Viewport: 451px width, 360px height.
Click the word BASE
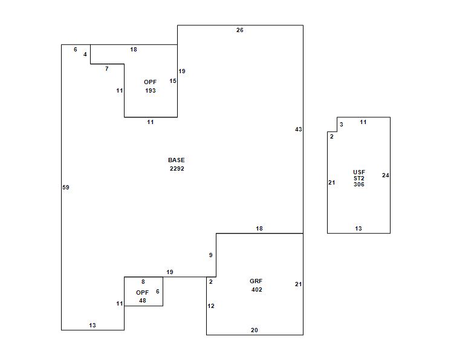click(177, 160)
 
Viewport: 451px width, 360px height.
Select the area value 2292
click(177, 169)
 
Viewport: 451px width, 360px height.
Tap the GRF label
click(256, 281)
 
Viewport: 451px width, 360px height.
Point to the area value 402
click(256, 289)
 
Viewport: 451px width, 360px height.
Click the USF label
click(359, 172)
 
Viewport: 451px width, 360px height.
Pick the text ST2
click(359, 178)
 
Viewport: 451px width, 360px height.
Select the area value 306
click(359, 184)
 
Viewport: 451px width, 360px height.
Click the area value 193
click(151, 90)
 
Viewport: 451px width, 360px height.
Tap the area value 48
click(143, 301)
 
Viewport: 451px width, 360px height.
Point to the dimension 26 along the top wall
click(240, 30)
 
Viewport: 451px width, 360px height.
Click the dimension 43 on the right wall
click(298, 129)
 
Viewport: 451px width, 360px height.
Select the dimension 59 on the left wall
click(66, 188)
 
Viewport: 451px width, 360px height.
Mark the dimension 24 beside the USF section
click(386, 175)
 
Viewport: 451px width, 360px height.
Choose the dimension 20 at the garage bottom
click(255, 330)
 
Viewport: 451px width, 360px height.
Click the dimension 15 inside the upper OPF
click(173, 81)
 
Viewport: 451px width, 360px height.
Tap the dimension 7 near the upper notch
click(107, 69)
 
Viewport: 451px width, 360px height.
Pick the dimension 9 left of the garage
click(211, 255)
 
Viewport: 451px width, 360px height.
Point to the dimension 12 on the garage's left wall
click(211, 306)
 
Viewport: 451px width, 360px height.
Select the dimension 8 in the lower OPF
click(143, 282)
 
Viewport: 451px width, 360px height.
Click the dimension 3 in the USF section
click(342, 124)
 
